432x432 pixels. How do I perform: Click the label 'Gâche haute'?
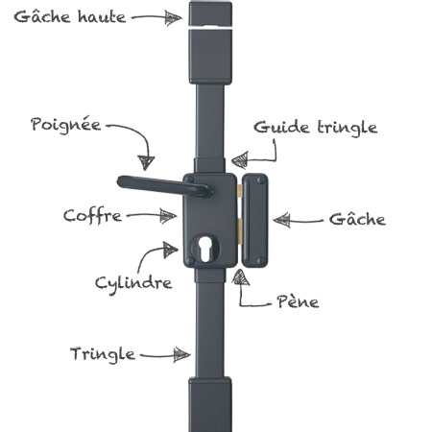pos(70,16)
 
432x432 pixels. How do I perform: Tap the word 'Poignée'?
pos(65,125)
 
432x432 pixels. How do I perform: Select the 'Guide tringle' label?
pos(316,128)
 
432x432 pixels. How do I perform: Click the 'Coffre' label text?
pos(92,215)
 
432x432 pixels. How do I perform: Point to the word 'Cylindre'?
pos(133,283)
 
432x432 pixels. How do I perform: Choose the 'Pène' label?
pos(298,301)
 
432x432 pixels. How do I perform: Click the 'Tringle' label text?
pos(103,354)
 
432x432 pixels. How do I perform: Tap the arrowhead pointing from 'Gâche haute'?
pos(173,17)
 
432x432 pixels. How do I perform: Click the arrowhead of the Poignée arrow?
pos(146,162)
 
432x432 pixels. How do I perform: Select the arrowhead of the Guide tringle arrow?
pos(240,159)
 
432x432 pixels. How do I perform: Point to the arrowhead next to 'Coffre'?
pos(168,216)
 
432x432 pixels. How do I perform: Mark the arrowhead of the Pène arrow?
pos(241,277)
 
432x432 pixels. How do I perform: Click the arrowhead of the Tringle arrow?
pos(181,355)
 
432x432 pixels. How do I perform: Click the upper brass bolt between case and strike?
pos(239,191)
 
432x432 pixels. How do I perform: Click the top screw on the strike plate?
pos(261,180)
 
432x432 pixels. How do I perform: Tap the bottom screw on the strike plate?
pos(261,261)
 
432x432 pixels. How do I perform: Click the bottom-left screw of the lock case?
pos(190,261)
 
